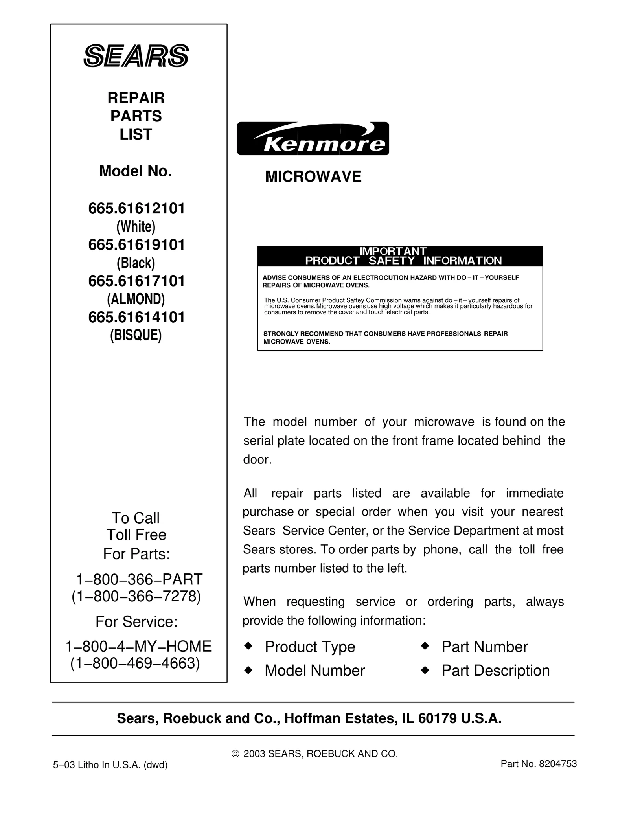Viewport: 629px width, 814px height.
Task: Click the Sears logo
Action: tap(136, 55)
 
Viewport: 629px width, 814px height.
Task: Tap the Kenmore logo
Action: tap(313, 138)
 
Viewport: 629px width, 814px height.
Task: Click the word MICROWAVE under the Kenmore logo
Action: tap(313, 176)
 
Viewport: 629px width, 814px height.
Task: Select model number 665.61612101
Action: tap(136, 209)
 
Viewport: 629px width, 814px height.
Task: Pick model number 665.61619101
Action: tap(136, 245)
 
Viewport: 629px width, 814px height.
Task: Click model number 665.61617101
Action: tap(136, 281)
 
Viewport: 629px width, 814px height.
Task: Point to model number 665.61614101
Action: tap(136, 317)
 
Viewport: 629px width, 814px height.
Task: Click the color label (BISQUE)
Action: tap(136, 335)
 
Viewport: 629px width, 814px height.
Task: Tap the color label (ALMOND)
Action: tap(136, 299)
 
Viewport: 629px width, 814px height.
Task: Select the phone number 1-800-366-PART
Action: tap(139, 579)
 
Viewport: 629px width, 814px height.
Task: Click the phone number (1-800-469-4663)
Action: tap(135, 663)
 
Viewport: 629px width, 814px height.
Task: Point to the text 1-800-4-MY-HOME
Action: tap(138, 647)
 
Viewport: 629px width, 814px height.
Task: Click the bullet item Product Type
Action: tap(310, 647)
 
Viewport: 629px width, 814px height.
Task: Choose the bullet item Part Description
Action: tap(495, 671)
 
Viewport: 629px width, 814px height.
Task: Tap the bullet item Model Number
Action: tap(314, 671)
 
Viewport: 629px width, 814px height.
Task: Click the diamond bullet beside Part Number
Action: tap(424, 646)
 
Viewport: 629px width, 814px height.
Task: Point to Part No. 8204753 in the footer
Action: tap(539, 764)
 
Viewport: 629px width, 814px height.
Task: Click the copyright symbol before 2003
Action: tap(235, 754)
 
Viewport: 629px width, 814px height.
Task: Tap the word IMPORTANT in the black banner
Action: tap(393, 251)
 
